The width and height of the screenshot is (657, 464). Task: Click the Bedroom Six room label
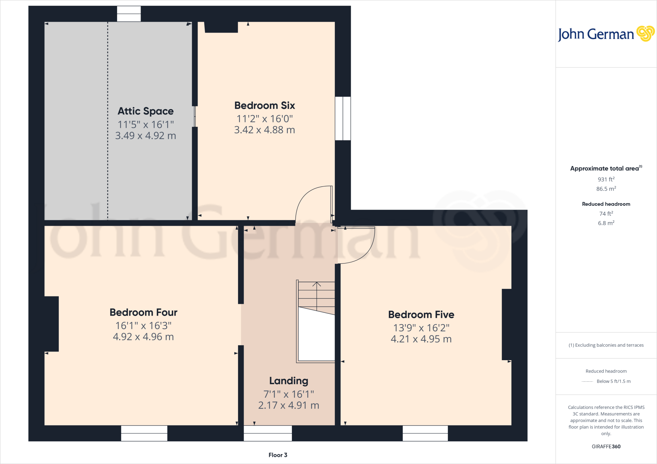click(265, 105)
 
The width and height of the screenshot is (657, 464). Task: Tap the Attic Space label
click(146, 111)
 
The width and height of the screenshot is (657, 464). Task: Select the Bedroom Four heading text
click(143, 312)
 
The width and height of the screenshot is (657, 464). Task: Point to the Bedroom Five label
click(421, 315)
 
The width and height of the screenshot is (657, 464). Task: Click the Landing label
click(289, 381)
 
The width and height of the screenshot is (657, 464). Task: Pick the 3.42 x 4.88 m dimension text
click(265, 130)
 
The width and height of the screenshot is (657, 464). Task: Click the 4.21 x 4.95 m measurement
click(421, 339)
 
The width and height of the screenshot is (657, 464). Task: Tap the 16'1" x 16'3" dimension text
click(143, 326)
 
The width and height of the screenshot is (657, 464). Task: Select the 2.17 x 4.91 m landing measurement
click(289, 405)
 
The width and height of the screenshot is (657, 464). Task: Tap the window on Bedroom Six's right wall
click(343, 119)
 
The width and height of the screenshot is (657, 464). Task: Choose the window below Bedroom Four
click(144, 433)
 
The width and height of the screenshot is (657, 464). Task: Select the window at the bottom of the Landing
click(268, 433)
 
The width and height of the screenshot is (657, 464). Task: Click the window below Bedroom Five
click(425, 433)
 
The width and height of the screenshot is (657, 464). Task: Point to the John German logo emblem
click(645, 34)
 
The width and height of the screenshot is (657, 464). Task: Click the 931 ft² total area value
click(606, 179)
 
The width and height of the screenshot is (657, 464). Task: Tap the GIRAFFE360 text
click(606, 446)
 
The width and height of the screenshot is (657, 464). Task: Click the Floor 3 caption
click(278, 455)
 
